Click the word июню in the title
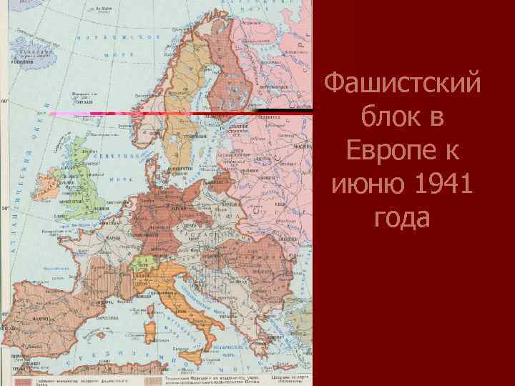pos(363,185)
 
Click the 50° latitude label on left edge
pos(4,208)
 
